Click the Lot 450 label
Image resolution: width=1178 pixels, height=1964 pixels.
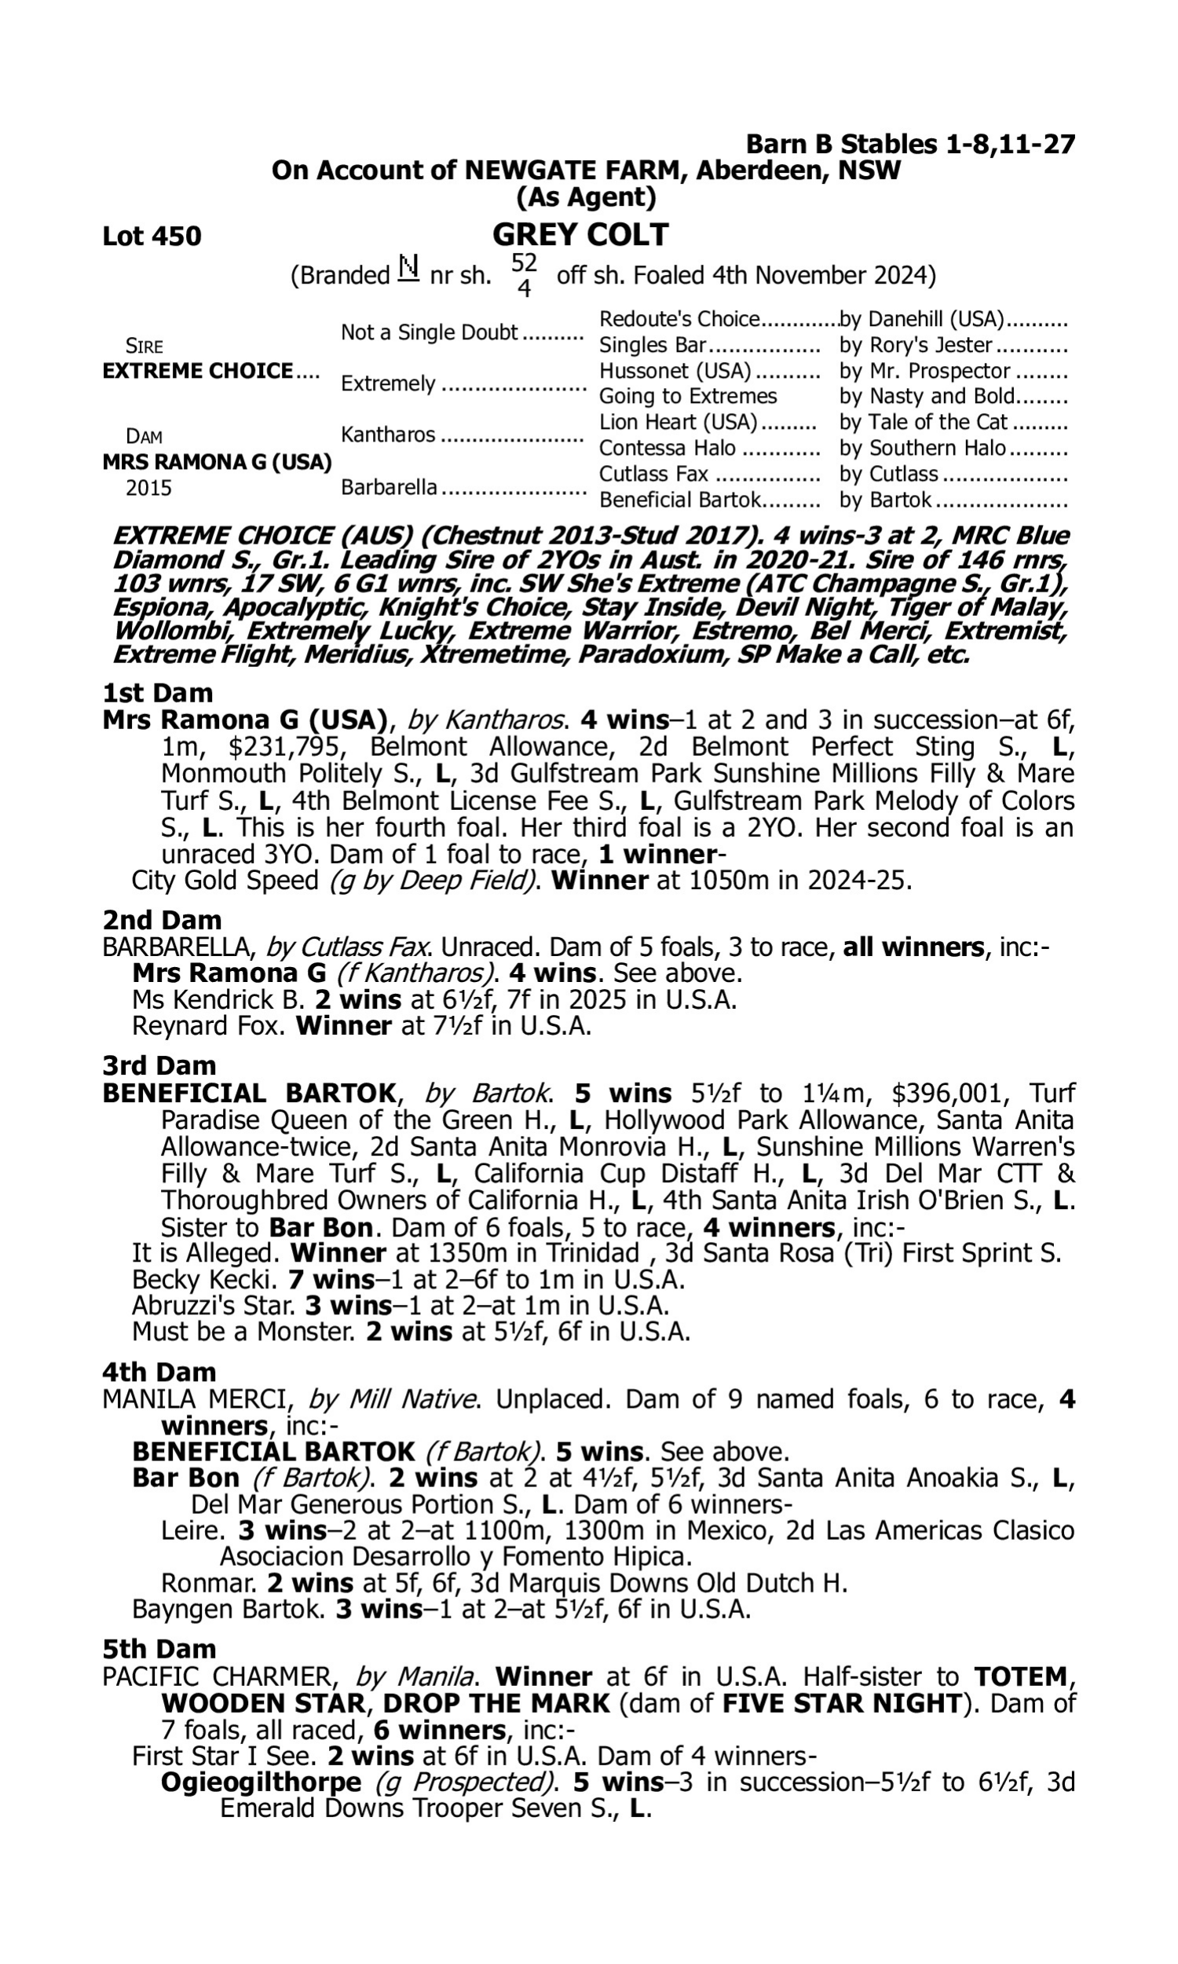pyautogui.click(x=152, y=236)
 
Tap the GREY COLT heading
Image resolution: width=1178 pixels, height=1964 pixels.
pyautogui.click(x=580, y=235)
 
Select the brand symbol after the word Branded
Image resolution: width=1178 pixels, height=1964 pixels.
pyautogui.click(x=408, y=270)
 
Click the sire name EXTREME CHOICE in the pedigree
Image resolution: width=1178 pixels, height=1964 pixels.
pyautogui.click(x=198, y=372)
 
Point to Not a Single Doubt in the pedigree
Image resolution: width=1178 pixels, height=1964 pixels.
pyautogui.click(x=430, y=332)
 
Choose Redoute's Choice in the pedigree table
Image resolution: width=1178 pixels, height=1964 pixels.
pyautogui.click(x=679, y=319)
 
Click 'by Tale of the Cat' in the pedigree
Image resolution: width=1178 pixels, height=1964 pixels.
pyautogui.click(x=924, y=423)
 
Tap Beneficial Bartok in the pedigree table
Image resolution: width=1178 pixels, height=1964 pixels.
pyautogui.click(x=679, y=500)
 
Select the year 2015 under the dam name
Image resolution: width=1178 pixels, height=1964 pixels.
pyautogui.click(x=148, y=488)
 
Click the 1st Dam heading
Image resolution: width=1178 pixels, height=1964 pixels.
pyautogui.click(x=158, y=693)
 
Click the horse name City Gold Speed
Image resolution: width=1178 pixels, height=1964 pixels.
pyautogui.click(x=225, y=881)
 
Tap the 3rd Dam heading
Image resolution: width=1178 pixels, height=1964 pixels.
pyautogui.click(x=159, y=1065)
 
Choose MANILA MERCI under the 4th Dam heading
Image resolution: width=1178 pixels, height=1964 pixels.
pyautogui.click(x=197, y=1400)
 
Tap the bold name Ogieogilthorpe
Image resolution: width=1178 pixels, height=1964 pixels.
pyautogui.click(x=261, y=1783)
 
